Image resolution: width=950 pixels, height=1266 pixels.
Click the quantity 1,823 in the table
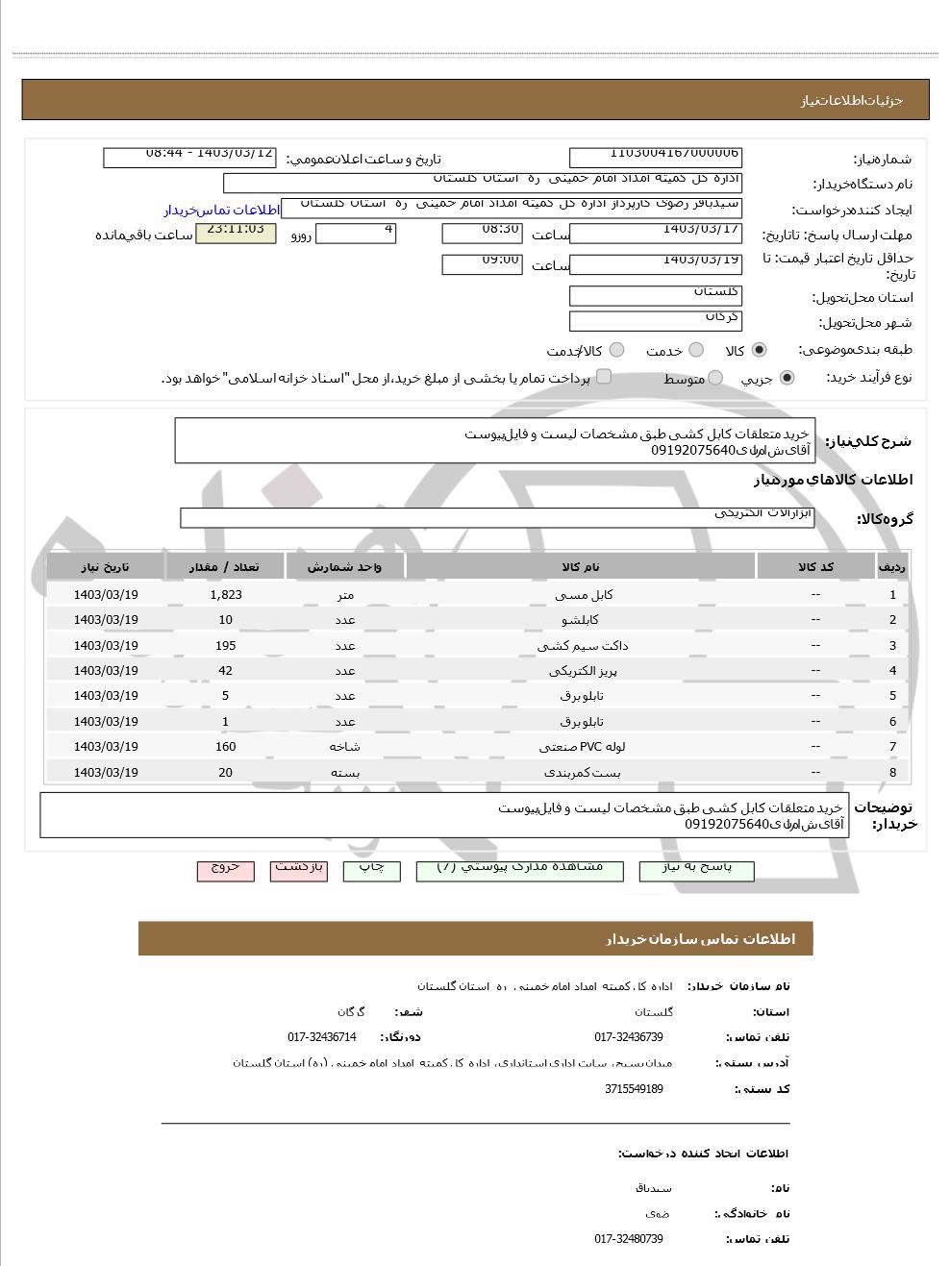[226, 595]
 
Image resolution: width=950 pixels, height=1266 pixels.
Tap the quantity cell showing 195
[226, 646]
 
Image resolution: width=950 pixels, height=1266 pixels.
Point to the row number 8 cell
[892, 773]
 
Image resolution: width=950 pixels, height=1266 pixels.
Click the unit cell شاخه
[344, 747]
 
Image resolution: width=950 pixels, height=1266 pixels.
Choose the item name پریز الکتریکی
[582, 671]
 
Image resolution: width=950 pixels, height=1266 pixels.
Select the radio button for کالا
[760, 351]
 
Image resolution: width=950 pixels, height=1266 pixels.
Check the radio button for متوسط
[715, 379]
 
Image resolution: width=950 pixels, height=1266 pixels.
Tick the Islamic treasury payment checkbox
[604, 377]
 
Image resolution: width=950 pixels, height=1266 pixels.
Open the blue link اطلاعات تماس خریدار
[221, 211]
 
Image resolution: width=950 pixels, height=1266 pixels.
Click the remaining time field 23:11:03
[236, 233]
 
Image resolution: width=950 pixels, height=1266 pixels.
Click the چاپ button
[371, 870]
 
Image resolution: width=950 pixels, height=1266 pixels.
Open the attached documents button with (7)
[520, 870]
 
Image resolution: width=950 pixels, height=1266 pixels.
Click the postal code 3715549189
[634, 1089]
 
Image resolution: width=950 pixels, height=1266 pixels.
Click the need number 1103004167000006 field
[656, 157]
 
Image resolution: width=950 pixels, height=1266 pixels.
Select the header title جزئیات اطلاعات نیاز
[852, 100]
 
